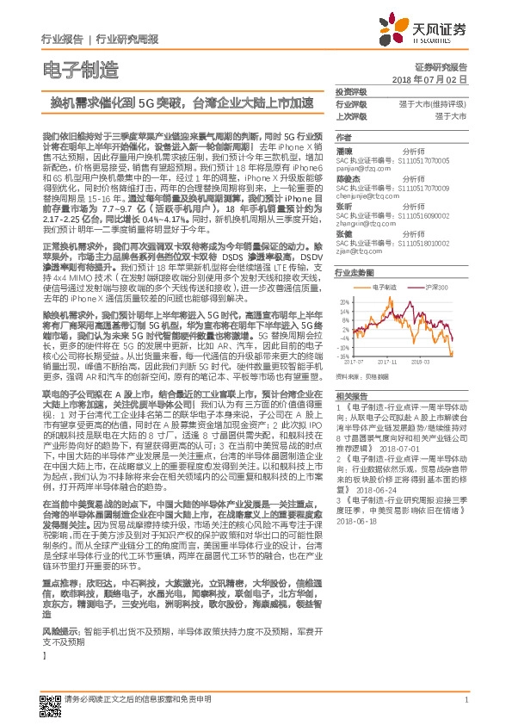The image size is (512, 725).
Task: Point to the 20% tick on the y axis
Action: click(344, 301)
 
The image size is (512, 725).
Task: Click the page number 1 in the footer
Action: click(466, 700)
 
